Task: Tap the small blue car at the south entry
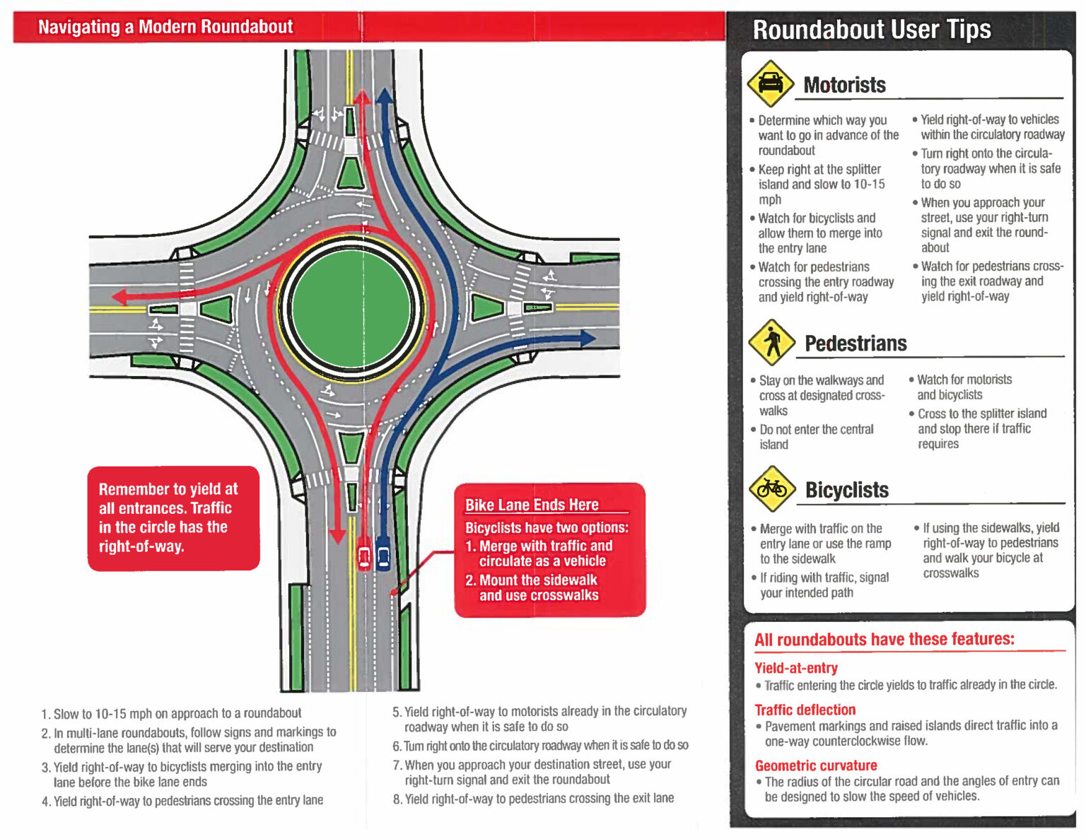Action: [x=383, y=554]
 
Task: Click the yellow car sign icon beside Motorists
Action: [x=770, y=83]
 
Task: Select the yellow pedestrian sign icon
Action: [x=772, y=342]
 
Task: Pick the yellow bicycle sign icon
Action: [x=772, y=488]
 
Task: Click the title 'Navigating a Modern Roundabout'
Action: [x=165, y=27]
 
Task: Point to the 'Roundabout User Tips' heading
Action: [x=871, y=30]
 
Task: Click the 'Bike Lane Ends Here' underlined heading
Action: [x=532, y=505]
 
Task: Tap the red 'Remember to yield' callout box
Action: [x=173, y=517]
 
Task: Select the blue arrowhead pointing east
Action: [x=586, y=339]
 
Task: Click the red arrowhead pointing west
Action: [x=120, y=295]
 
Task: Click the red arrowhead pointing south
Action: [x=338, y=536]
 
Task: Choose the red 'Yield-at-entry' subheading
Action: [x=795, y=668]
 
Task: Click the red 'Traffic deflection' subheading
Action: [x=805, y=710]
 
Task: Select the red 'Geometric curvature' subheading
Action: [x=815, y=765]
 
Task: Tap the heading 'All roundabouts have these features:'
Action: [x=884, y=640]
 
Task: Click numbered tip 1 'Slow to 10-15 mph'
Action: [x=171, y=713]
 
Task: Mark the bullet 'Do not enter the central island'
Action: [x=816, y=437]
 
